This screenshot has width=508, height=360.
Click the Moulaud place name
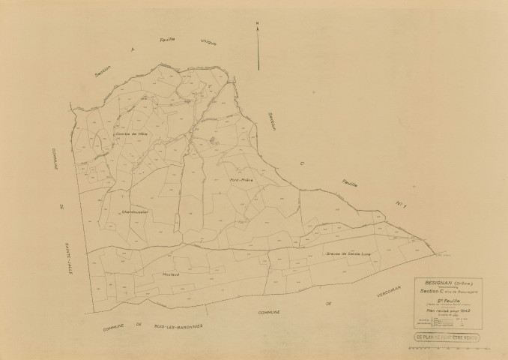point(171,274)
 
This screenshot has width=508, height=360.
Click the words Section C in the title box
point(438,291)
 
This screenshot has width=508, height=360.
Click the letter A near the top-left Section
point(132,52)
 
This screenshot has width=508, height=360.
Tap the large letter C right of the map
point(300,159)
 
